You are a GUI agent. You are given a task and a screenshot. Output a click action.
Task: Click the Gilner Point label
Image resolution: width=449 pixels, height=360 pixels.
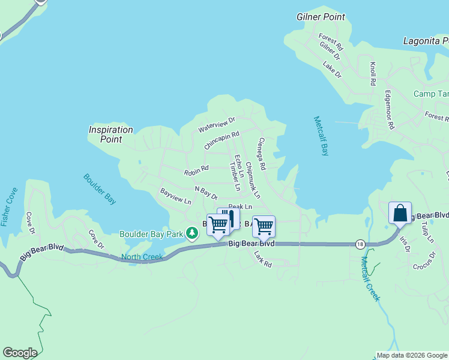point(321,17)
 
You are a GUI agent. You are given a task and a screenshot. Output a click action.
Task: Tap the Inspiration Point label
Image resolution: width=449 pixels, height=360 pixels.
point(111,134)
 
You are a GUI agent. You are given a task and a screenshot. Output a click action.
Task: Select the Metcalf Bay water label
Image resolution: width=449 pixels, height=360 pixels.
point(321,136)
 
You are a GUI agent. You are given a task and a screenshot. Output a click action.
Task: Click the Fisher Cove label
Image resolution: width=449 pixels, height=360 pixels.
point(9,208)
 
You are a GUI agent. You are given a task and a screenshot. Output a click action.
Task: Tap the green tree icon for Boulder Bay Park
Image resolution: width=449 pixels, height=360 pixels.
point(191,233)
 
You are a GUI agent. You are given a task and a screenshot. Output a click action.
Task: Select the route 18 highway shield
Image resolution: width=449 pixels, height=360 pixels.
point(360,244)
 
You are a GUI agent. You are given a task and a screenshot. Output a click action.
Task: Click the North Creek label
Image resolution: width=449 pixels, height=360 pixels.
point(142,257)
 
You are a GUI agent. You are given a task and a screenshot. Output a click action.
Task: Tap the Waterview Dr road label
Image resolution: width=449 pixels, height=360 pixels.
point(217,125)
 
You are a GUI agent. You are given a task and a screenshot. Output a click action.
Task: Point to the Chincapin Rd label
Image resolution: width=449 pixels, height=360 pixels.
point(221,141)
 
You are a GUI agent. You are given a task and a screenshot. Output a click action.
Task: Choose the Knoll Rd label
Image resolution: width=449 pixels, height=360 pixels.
point(373,73)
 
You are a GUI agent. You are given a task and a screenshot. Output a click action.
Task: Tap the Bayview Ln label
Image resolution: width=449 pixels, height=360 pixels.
point(175,196)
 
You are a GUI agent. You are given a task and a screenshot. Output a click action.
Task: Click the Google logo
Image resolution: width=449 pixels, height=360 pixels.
point(20,353)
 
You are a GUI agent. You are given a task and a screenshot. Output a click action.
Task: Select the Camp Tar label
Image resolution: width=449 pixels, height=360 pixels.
point(431,94)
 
